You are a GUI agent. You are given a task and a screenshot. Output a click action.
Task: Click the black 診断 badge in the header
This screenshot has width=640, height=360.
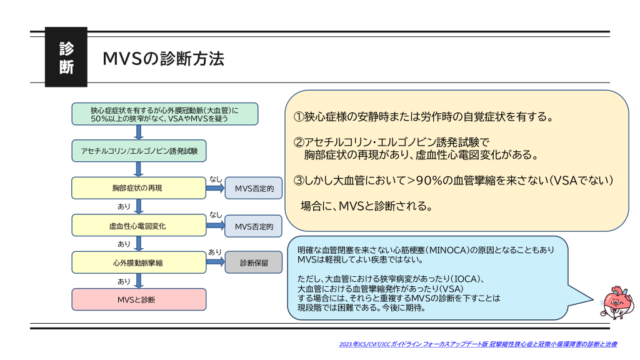click(x=66, y=57)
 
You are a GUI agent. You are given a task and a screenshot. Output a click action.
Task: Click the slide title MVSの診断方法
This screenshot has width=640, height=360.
click(x=163, y=59)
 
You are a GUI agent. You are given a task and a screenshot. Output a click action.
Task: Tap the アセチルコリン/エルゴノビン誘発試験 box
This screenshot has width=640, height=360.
click(x=139, y=151)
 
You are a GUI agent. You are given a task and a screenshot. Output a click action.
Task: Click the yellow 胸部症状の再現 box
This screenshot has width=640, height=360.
click(x=139, y=187)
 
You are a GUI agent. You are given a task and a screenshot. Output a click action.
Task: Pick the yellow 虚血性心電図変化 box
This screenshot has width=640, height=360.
click(x=139, y=225)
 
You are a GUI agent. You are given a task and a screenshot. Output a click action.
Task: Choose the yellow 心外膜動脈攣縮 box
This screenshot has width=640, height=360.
click(x=139, y=262)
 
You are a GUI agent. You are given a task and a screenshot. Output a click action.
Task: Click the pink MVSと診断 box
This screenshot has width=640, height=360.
click(x=139, y=299)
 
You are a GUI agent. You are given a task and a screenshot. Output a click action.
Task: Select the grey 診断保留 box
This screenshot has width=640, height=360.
click(x=253, y=262)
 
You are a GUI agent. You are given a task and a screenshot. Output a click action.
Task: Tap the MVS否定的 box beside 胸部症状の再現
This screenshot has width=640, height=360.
click(x=253, y=187)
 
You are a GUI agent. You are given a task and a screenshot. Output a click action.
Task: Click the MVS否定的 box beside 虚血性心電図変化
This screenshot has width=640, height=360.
click(x=253, y=225)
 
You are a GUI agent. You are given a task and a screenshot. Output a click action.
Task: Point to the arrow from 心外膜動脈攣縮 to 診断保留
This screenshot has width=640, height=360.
click(x=215, y=262)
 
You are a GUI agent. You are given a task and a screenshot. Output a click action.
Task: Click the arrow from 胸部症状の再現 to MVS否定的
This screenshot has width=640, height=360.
click(x=215, y=187)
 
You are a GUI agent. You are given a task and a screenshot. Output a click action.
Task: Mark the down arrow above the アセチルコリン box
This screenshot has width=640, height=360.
click(x=139, y=132)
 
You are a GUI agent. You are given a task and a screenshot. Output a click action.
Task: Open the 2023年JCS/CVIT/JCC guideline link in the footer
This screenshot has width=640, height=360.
click(x=478, y=344)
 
